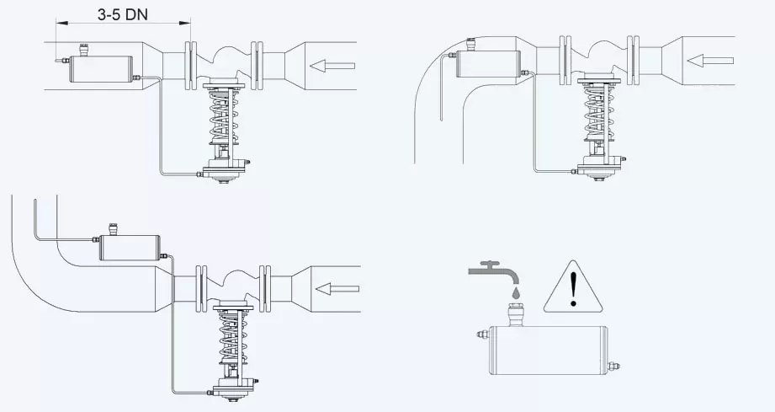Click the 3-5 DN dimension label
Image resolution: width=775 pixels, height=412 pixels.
122,14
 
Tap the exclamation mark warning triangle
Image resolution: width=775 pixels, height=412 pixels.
573,288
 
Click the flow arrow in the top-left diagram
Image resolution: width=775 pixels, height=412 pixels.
332,66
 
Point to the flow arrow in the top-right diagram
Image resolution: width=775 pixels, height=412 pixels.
710,61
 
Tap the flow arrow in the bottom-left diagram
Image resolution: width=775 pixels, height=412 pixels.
337,289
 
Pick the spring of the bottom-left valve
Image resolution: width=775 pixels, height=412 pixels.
234,340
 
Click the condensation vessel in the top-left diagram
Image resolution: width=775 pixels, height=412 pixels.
101,69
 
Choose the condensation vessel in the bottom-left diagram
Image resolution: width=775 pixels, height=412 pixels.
130,248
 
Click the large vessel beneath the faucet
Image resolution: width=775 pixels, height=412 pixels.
548,350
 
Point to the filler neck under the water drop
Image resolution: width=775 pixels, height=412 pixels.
516,317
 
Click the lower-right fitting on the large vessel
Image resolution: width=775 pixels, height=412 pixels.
613,367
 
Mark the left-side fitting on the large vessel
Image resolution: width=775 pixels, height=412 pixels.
483,334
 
